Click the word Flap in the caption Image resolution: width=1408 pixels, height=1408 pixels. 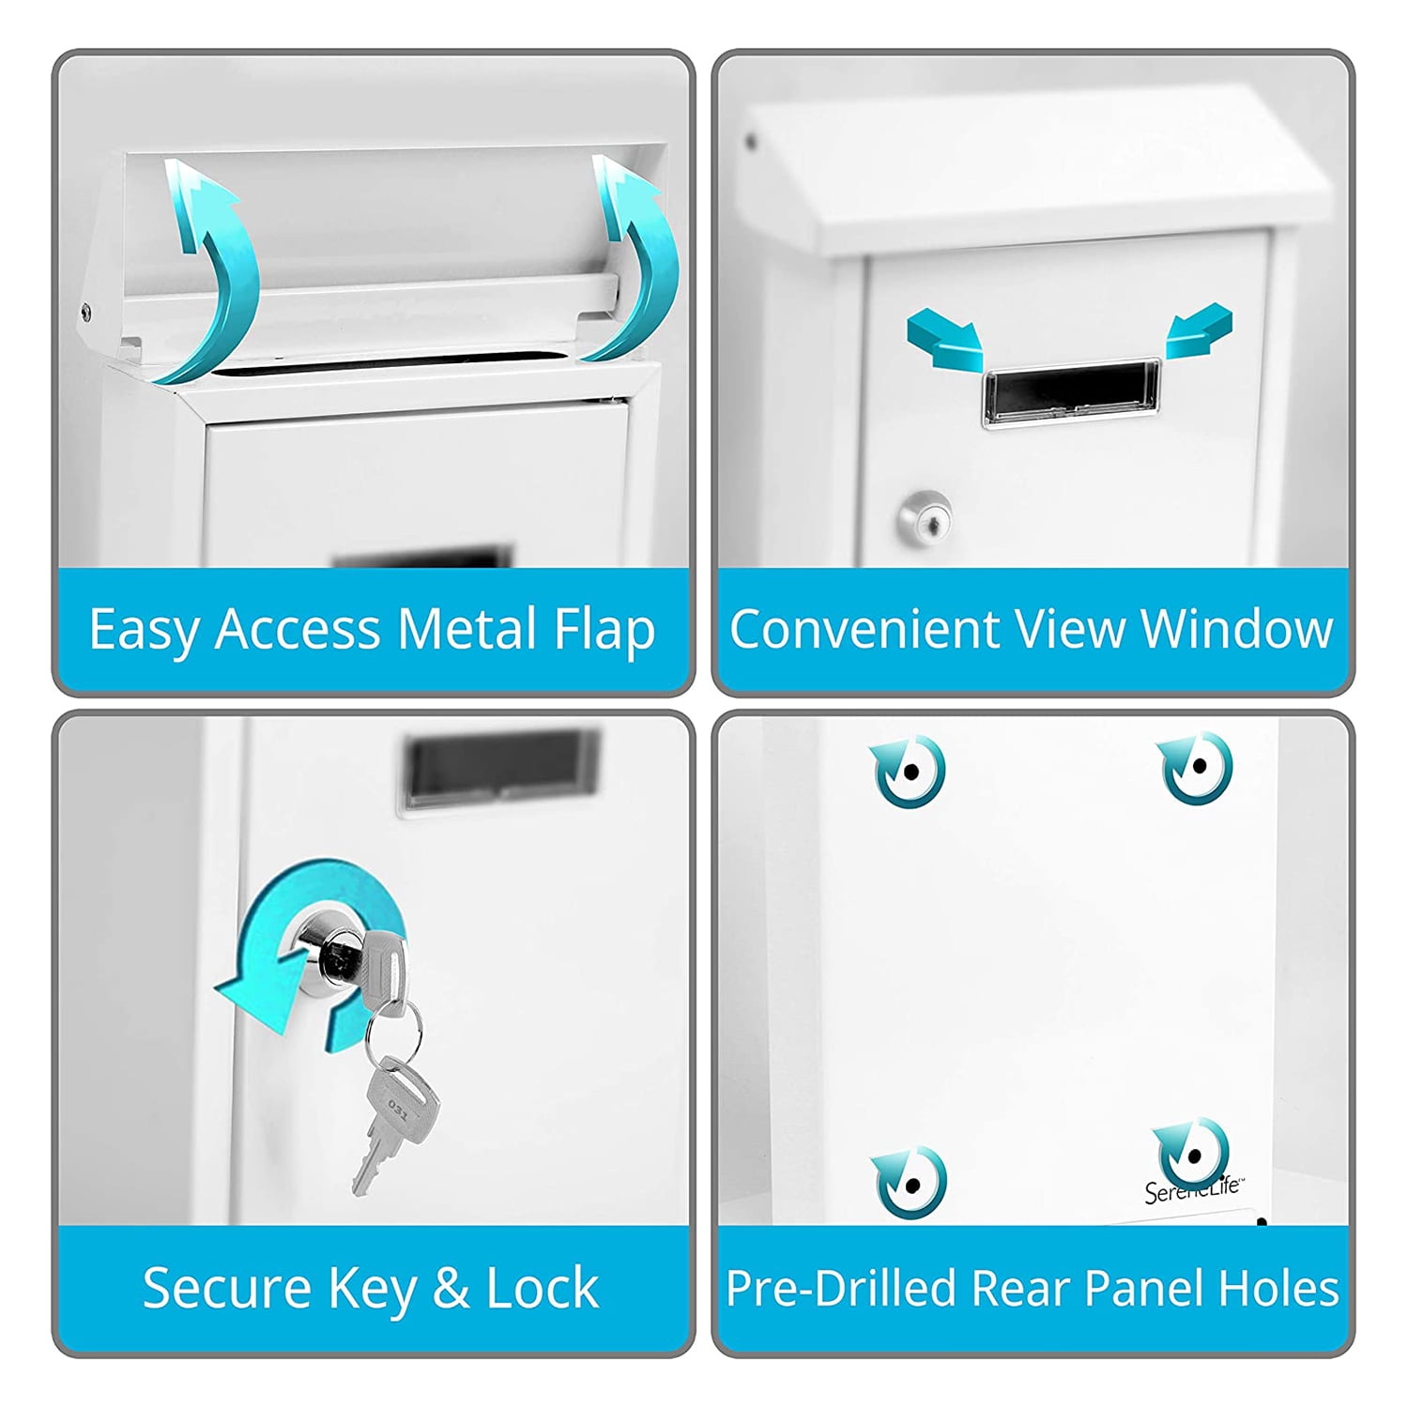[604, 630]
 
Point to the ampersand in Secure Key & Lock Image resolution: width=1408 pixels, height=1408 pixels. [451, 1288]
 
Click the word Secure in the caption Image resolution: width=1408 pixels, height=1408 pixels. [226, 1288]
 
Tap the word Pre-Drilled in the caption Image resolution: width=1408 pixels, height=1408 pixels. [841, 1288]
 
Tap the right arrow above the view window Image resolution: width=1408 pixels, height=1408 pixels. [1199, 331]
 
